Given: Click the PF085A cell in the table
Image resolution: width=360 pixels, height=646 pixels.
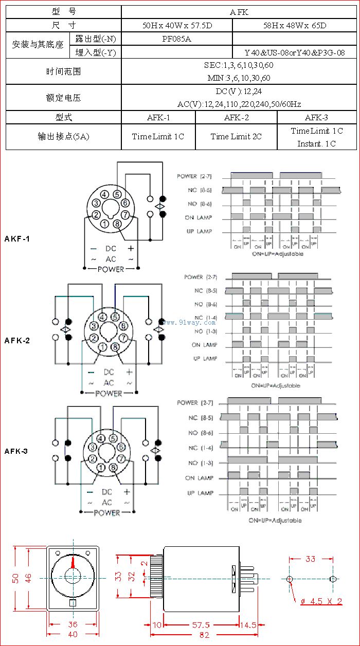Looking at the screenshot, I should coord(177,39).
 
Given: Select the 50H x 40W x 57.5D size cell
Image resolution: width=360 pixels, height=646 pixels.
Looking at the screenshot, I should coord(177,25).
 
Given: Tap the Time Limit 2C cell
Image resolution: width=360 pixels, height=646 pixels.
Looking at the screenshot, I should coord(236,136).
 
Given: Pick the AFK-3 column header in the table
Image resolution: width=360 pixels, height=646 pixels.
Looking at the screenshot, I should coord(317,117).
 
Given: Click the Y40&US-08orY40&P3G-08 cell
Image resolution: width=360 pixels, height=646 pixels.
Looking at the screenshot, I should coord(295,52).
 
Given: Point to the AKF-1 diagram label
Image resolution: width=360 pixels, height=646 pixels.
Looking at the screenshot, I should coord(17,238).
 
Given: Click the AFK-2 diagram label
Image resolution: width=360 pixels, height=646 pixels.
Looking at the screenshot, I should coord(17,340).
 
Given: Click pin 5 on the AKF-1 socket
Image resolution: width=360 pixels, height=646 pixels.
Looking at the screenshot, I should coord(117,194).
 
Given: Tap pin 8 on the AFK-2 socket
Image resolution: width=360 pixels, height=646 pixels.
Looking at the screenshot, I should coord(115,347).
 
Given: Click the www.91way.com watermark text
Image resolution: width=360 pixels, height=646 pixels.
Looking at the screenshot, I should coord(183,322).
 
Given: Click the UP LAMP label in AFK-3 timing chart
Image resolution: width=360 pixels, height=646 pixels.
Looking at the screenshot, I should coord(200,493).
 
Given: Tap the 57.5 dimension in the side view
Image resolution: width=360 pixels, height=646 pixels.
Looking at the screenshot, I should coord(201,625).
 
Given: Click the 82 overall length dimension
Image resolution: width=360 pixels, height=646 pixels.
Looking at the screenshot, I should coord(204,635).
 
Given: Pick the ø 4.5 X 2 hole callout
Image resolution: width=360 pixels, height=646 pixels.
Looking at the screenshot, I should coord(321,601).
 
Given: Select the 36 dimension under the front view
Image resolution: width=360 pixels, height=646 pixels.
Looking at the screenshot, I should coord(73,624).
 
